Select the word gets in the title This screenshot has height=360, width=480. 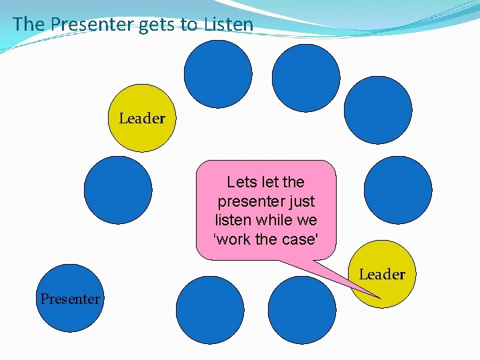[x=159, y=25]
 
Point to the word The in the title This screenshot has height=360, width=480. [x=28, y=25]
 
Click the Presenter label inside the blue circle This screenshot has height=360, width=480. [x=70, y=299]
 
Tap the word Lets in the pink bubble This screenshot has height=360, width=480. [x=241, y=182]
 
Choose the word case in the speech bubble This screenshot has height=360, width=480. [x=299, y=238]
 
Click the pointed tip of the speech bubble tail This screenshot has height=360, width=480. [x=379, y=297]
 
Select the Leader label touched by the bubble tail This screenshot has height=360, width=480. [x=382, y=274]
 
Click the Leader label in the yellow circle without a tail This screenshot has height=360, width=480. [x=142, y=119]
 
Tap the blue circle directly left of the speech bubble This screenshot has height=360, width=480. [x=118, y=189]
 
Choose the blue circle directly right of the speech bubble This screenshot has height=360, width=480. [x=398, y=189]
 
